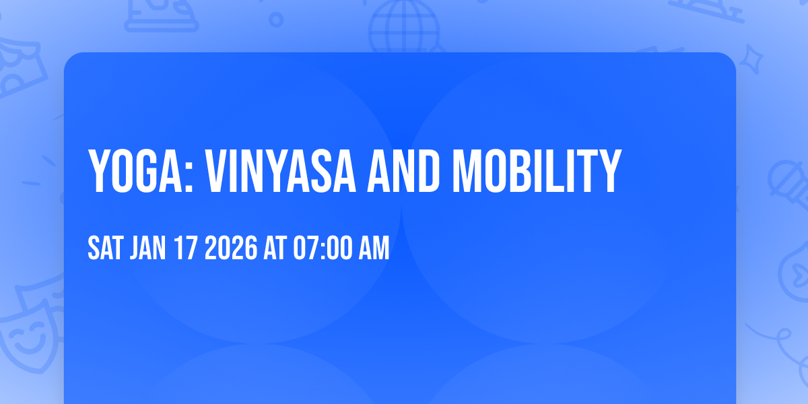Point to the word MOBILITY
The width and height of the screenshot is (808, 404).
coord(536,172)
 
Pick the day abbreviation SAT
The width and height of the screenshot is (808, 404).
coord(104,249)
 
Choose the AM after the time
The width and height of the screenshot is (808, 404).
coord(374,249)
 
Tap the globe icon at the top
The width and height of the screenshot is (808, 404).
coord(403,24)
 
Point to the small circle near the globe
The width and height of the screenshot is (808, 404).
coord(276,19)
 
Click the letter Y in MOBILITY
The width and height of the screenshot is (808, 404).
coord(607,172)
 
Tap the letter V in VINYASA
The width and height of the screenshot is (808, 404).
coord(217,172)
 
